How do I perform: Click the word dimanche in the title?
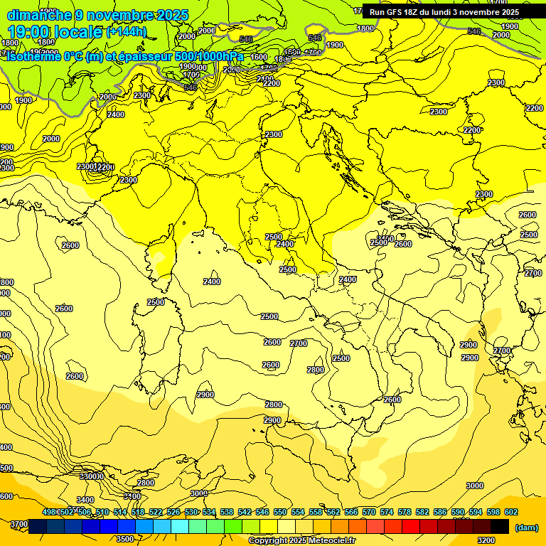click(x=38, y=15)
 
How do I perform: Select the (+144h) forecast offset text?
click(x=127, y=31)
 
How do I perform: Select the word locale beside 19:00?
click(x=81, y=31)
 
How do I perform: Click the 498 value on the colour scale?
click(x=50, y=512)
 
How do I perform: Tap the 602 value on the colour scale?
click(x=510, y=512)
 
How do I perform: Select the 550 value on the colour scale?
click(x=280, y=512)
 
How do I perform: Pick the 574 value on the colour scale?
click(x=387, y=512)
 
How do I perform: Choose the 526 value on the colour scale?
click(x=173, y=512)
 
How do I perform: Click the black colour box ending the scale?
click(x=500, y=526)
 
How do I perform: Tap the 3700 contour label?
click(x=19, y=524)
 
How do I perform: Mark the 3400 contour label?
click(x=85, y=500)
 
